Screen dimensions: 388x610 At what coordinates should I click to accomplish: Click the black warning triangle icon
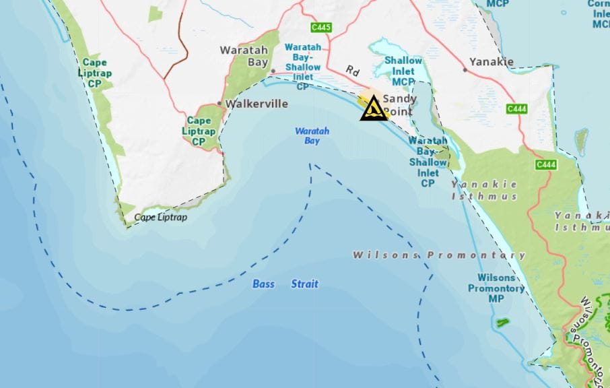pos(373,108)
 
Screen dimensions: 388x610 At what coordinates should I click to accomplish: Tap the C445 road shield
pos(320,28)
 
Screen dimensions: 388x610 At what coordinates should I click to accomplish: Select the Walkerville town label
pos(257,104)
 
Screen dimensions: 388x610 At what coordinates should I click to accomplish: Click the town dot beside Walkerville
pos(219,104)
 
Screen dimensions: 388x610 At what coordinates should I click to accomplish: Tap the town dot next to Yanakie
pos(465,69)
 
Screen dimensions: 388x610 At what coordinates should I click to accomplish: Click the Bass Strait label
pos(285,284)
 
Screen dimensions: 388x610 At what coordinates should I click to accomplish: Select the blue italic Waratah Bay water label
pos(312,136)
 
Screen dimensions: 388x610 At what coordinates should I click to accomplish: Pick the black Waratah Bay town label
pos(244,56)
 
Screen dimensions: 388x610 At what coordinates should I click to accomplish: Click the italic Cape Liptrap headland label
pos(160,218)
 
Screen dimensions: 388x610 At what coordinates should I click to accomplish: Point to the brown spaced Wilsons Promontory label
pos(439,255)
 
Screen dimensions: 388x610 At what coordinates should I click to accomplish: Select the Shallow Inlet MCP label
pos(403,71)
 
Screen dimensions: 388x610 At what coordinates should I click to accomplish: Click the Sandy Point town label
pos(399,104)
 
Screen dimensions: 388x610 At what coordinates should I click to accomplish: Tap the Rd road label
pos(353,70)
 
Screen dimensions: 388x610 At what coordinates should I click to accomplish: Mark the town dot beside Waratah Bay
pos(273,71)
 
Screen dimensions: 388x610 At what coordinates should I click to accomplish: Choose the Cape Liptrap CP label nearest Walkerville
pos(199,131)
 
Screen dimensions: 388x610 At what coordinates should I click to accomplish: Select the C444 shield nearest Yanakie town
pos(516,108)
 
